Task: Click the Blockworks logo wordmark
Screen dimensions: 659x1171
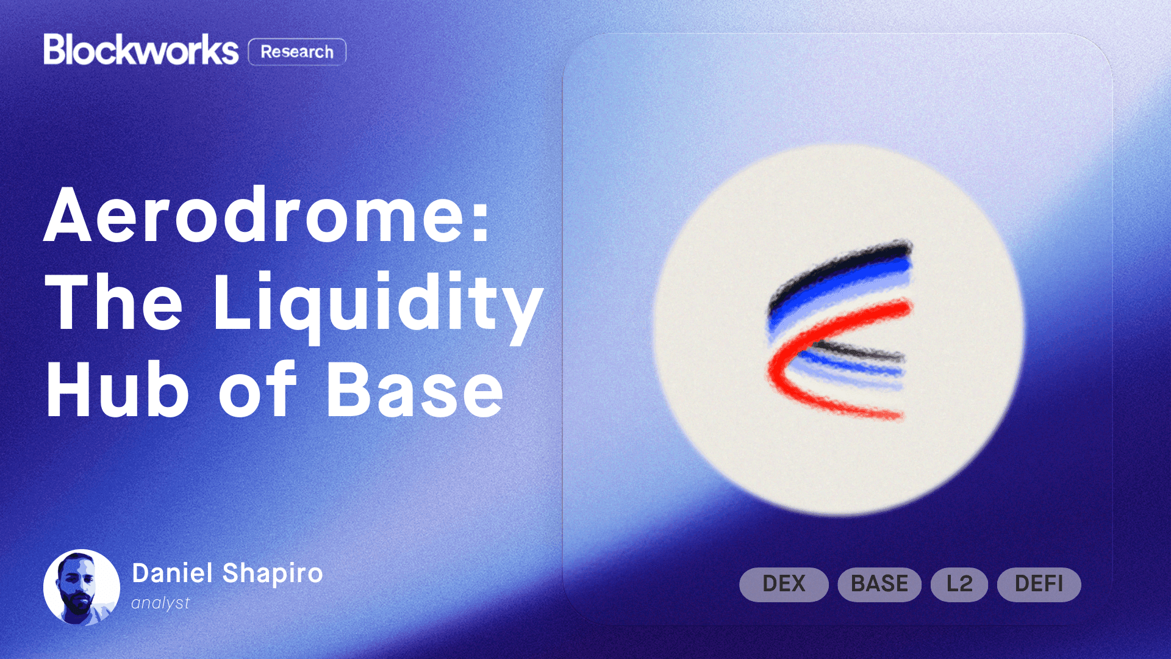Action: tap(141, 50)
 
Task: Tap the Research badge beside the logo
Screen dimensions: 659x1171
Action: tap(297, 52)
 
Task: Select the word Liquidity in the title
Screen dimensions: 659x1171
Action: tap(378, 303)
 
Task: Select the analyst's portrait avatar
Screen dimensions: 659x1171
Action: tap(82, 587)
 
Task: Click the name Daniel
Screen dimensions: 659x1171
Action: tap(173, 574)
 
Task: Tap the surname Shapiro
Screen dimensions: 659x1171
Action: tap(273, 574)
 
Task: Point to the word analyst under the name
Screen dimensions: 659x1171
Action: tap(160, 603)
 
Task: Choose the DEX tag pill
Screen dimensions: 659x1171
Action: tap(784, 584)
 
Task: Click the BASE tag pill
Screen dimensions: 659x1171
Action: tap(879, 584)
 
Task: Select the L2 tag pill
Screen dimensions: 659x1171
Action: tap(959, 584)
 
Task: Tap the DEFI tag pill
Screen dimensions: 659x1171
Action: tap(1039, 584)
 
